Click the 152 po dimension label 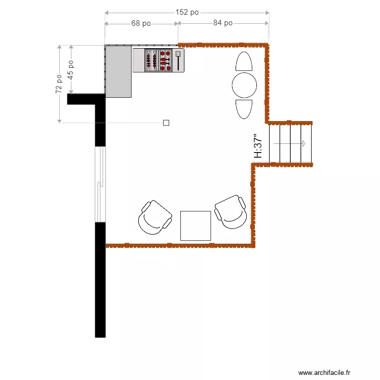click(x=187, y=13)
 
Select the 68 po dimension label click(x=141, y=23)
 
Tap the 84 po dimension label click(x=222, y=23)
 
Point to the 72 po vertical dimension click(x=59, y=84)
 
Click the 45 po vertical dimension click(x=71, y=69)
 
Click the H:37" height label click(x=258, y=146)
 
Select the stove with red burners click(x=158, y=60)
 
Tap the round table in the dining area click(x=244, y=85)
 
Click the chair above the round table click(x=244, y=62)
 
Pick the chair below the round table click(x=244, y=108)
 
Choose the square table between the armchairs click(x=196, y=225)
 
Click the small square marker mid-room click(x=166, y=122)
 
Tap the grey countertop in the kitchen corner click(x=118, y=71)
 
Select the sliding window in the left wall click(x=101, y=184)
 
